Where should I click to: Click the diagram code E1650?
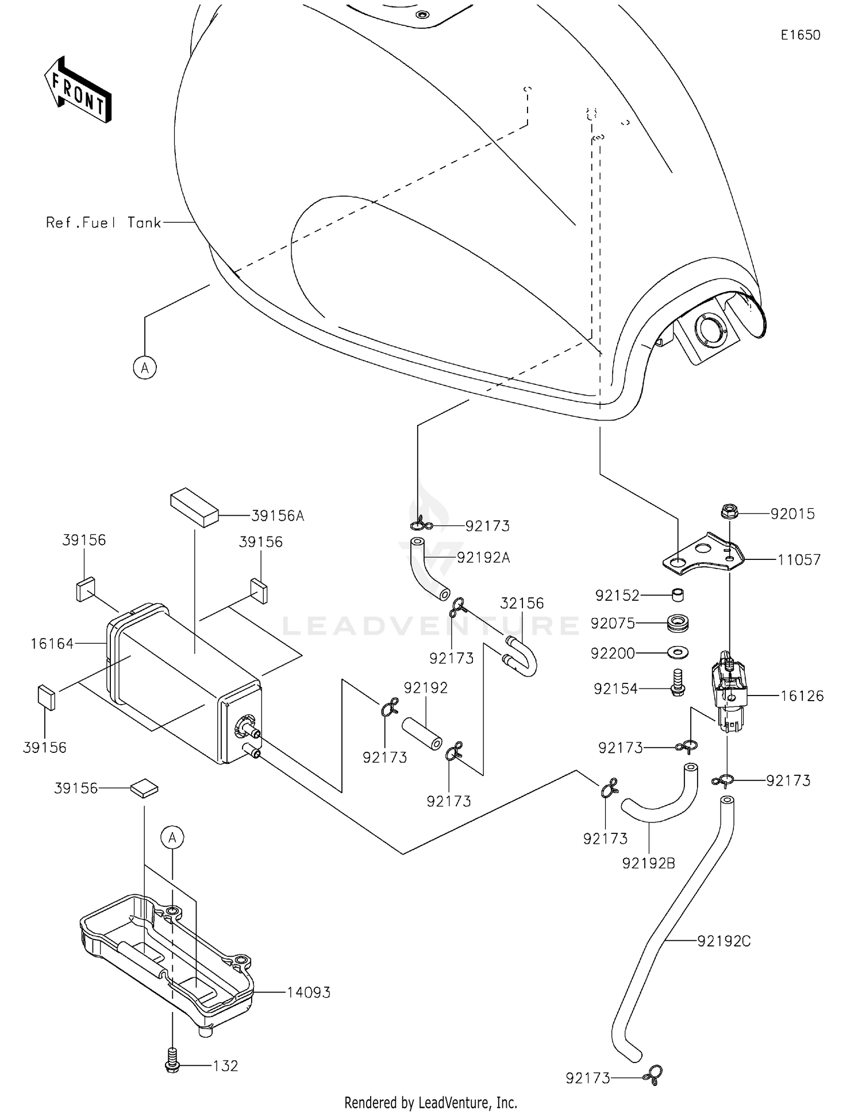pos(800,35)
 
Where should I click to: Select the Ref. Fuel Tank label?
pos(103,223)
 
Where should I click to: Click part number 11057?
pos(799,560)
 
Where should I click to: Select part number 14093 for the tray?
pos(309,992)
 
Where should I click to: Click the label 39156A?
pos(277,516)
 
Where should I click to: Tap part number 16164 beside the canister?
pos(52,644)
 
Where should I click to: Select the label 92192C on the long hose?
pos(724,941)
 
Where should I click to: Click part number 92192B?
pos(648,863)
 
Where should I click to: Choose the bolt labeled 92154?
pos(678,682)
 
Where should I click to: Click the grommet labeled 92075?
pos(678,623)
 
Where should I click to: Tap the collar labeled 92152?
pos(678,594)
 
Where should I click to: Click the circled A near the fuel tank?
pos(145,367)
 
